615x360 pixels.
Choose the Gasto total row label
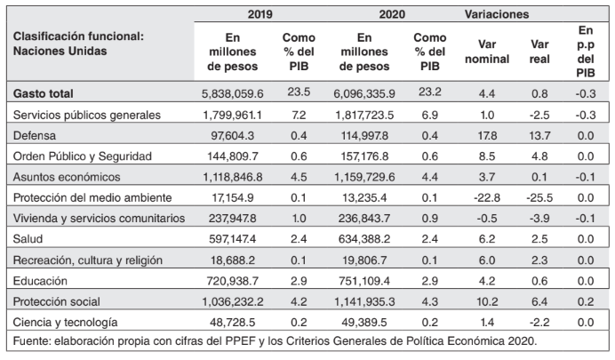44,92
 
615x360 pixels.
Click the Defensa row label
35,134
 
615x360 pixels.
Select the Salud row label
29,237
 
